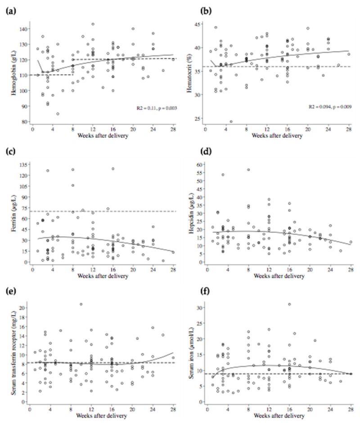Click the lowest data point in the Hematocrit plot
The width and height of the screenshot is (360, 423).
point(231,121)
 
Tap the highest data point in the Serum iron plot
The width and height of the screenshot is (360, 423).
point(289,304)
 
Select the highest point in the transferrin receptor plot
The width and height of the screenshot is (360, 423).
point(81,304)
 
